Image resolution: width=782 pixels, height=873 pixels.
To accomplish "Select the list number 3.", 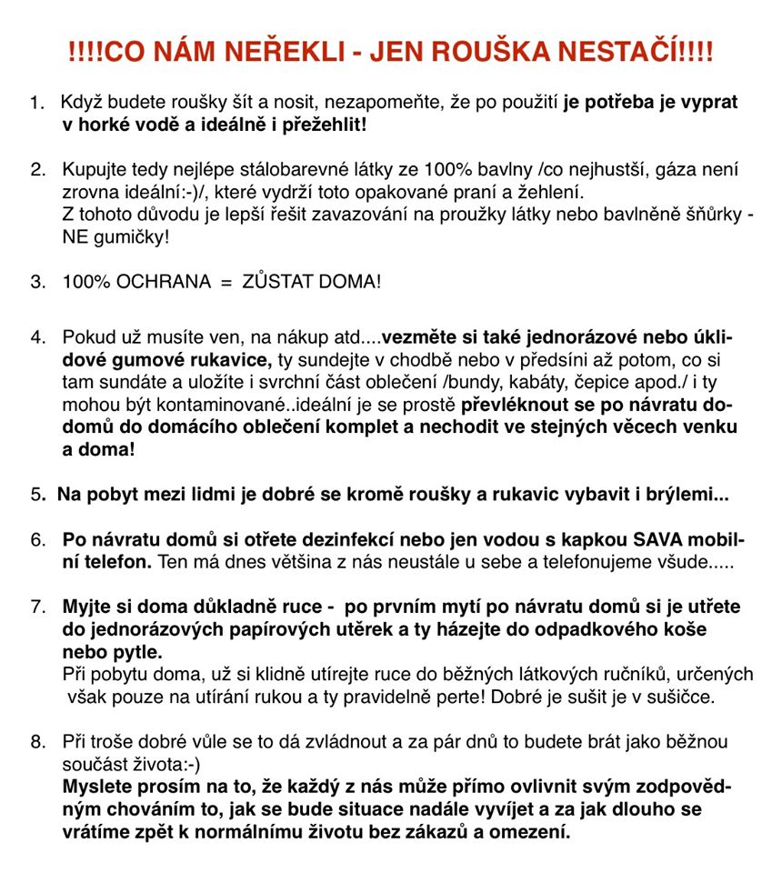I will pyautogui.click(x=38, y=282).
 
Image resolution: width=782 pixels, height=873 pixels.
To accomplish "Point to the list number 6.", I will pyautogui.click(x=38, y=539).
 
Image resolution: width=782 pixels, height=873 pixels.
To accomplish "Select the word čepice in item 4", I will pyautogui.click(x=576, y=381).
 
